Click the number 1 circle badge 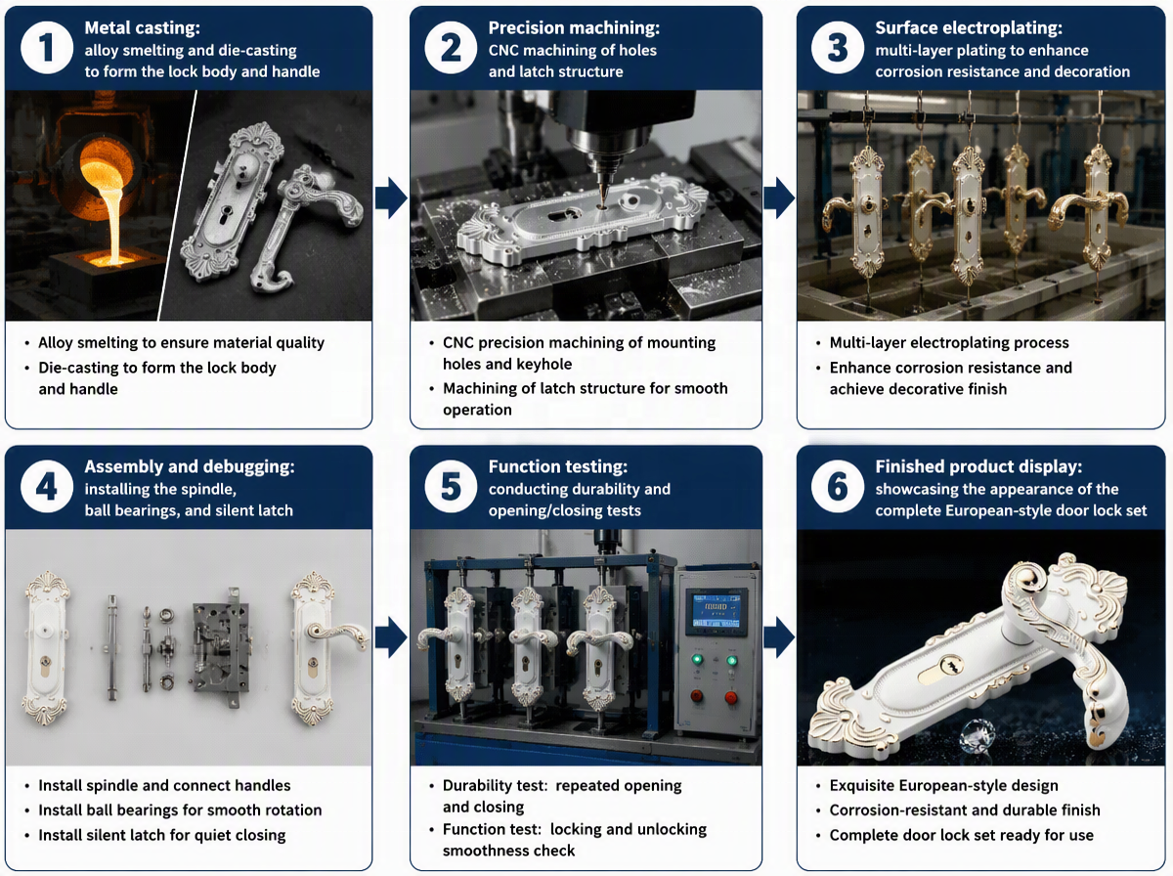pyautogui.click(x=47, y=48)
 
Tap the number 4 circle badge pyautogui.click(x=47, y=487)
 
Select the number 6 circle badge pyautogui.click(x=837, y=487)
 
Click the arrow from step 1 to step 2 pyautogui.click(x=391, y=198)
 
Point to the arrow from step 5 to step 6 pyautogui.click(x=779, y=637)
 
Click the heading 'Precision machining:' pyautogui.click(x=574, y=27)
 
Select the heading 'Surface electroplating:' pyautogui.click(x=969, y=27)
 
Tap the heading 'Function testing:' pyautogui.click(x=558, y=466)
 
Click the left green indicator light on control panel pyautogui.click(x=697, y=660)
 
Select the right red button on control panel pyautogui.click(x=730, y=697)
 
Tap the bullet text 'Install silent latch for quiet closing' pyautogui.click(x=162, y=835)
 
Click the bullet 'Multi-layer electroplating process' pyautogui.click(x=949, y=342)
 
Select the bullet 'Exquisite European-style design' pyautogui.click(x=943, y=786)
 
